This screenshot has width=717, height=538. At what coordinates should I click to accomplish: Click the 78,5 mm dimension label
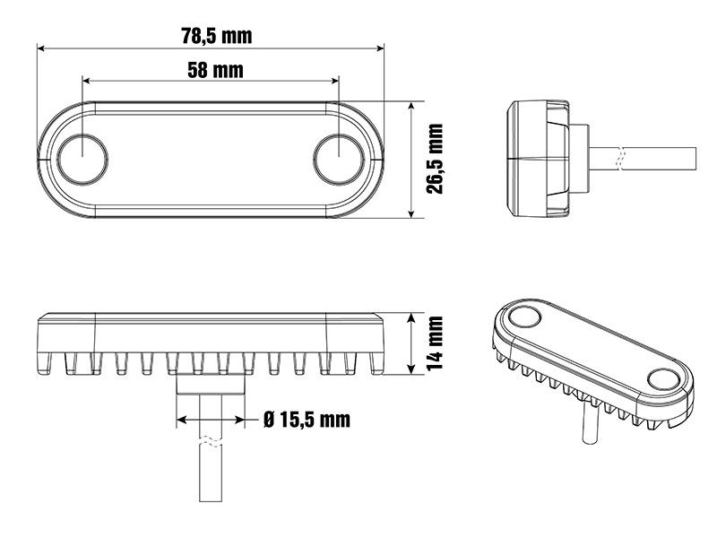pyautogui.click(x=217, y=36)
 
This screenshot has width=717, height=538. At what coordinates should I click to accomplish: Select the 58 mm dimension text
pyautogui.click(x=215, y=70)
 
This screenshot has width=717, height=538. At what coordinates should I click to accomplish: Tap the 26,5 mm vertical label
pyautogui.click(x=435, y=159)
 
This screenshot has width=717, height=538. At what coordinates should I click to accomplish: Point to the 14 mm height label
pyautogui.click(x=435, y=343)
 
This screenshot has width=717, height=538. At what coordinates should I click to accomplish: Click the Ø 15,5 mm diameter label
pyautogui.click(x=307, y=420)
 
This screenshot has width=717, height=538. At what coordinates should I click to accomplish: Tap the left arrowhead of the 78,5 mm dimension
pyautogui.click(x=40, y=48)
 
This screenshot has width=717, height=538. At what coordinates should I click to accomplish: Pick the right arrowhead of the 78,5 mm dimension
pyautogui.click(x=380, y=48)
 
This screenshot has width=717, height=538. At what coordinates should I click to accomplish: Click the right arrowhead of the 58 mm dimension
pyautogui.click(x=335, y=81)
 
